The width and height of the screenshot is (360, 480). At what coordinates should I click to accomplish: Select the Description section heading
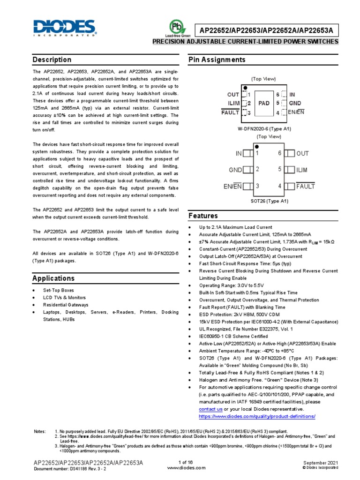(52, 60)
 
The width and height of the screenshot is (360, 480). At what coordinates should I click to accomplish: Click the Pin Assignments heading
(217, 60)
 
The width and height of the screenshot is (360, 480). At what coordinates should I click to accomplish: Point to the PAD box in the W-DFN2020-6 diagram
(264, 104)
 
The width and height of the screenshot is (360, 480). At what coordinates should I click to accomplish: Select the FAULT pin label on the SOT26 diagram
(305, 187)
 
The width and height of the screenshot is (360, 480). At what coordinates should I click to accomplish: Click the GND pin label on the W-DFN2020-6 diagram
(295, 103)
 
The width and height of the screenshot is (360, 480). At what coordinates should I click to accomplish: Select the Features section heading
(203, 216)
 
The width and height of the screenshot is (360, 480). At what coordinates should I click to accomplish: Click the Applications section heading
(53, 278)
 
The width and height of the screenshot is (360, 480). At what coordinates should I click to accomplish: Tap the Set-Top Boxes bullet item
(59, 291)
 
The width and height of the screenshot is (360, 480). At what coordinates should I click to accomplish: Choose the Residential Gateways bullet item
(66, 304)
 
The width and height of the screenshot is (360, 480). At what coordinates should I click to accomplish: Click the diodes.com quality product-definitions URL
(257, 416)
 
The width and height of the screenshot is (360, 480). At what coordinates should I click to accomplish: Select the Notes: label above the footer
(40, 431)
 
